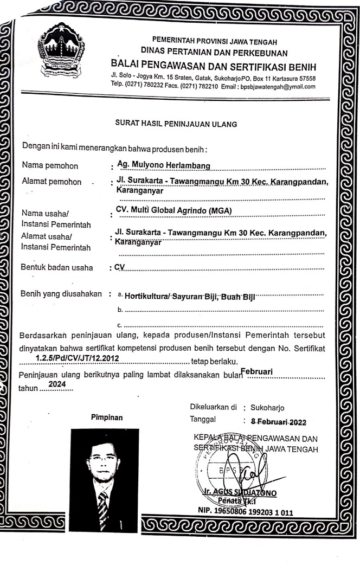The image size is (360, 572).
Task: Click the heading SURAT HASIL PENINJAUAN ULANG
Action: point(177,124)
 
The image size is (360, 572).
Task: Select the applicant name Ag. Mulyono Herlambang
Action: point(164,165)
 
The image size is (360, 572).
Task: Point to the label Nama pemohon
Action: point(49,166)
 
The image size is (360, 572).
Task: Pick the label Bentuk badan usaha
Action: point(56,267)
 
